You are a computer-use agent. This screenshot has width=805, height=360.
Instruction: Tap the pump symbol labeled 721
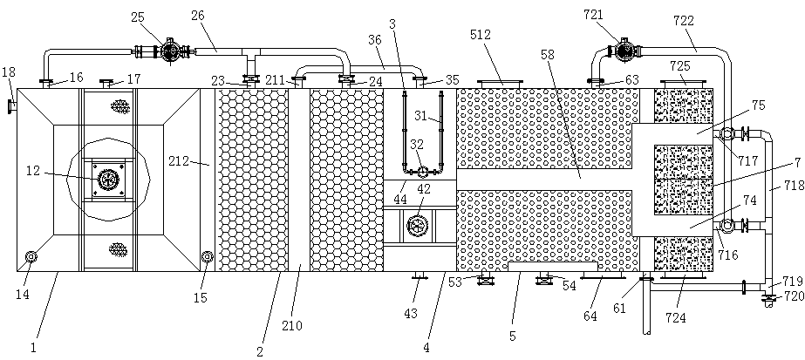624,51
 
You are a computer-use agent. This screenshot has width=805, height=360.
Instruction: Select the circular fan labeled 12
108,180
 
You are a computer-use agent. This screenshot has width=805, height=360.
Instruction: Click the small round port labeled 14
31,256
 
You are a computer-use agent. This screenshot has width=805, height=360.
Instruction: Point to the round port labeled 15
207,256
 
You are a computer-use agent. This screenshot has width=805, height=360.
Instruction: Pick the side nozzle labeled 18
11,107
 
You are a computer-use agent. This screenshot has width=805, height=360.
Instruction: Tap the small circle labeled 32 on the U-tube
422,171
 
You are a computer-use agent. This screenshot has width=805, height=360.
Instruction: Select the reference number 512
481,36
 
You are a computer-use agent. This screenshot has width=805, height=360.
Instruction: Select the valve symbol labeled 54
544,279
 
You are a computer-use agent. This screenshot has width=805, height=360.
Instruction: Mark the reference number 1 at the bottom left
34,347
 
